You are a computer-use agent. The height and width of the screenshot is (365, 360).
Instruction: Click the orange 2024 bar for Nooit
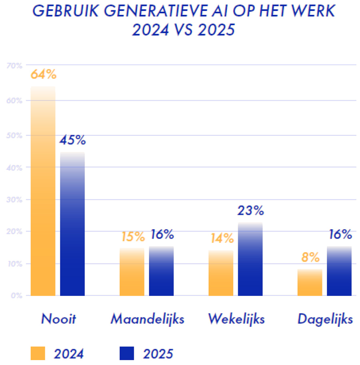tap(43, 192)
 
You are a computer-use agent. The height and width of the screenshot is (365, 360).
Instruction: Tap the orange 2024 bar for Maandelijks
tap(132, 272)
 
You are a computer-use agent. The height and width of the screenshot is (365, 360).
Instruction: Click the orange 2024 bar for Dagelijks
tap(310, 283)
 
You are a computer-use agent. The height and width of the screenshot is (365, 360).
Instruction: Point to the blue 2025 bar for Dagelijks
tap(339, 271)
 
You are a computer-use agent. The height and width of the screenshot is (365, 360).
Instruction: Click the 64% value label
tap(43, 74)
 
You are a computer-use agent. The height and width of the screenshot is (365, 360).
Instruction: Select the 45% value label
tap(72, 140)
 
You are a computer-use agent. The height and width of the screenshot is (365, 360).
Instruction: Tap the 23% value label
tap(250, 210)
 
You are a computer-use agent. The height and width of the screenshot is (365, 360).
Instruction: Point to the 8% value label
tap(310, 257)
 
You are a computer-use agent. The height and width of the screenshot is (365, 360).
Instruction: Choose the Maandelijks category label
tap(147, 319)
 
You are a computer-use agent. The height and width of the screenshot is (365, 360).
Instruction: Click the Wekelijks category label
tap(236, 319)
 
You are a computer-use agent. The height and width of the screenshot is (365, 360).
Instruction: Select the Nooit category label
tap(58, 319)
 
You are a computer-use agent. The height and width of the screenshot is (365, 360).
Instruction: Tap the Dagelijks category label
tap(325, 319)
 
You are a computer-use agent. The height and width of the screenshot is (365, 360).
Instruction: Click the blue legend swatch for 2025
tap(127, 353)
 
